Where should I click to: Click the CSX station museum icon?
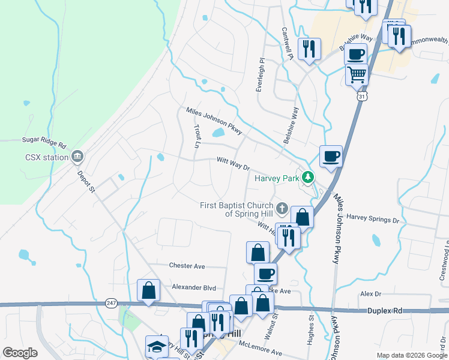(x=77, y=158)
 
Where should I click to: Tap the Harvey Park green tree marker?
(x=308, y=178)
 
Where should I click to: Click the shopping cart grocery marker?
(x=357, y=75)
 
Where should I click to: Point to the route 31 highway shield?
(x=361, y=96)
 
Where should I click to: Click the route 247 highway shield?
(x=111, y=304)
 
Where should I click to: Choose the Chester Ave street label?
(x=187, y=266)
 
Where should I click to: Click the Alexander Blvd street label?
(x=193, y=287)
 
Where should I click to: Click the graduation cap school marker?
(x=157, y=346)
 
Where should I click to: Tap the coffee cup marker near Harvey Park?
(x=331, y=157)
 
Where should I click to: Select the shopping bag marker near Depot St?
(x=149, y=291)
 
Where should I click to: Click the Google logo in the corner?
(x=20, y=353)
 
